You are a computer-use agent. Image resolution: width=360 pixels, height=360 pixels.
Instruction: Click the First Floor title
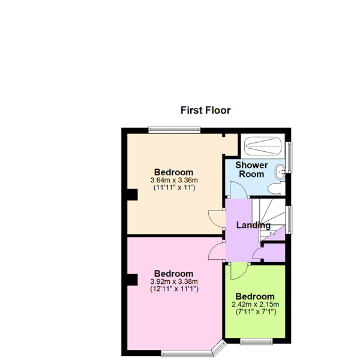tap(205, 110)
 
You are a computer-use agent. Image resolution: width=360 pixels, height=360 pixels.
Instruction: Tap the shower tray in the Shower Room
tap(263, 146)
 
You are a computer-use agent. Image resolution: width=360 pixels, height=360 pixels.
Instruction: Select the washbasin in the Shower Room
tap(280, 172)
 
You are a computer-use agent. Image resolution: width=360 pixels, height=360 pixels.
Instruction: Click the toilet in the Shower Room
tap(276, 188)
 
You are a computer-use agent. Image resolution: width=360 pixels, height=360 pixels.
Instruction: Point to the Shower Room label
tap(251, 169)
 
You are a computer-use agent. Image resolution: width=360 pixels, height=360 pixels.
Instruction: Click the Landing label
tap(253, 225)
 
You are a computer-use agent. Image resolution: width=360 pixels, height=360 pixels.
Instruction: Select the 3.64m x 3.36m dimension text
tap(174, 180)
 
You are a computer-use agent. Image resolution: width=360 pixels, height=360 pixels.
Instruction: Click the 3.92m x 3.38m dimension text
tap(174, 281)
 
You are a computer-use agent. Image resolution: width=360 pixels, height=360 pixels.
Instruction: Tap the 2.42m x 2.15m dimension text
tap(256, 304)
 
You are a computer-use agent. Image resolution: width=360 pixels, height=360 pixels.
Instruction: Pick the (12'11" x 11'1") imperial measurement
tap(174, 289)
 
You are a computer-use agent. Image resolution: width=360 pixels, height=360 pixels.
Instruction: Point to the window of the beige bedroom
tap(175, 130)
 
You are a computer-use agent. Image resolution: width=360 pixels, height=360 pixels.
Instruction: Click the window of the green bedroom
tap(256, 341)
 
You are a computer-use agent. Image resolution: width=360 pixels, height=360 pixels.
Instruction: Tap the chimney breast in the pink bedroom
tap(133, 280)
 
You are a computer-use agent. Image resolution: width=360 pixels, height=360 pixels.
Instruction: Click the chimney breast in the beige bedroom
tap(133, 194)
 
